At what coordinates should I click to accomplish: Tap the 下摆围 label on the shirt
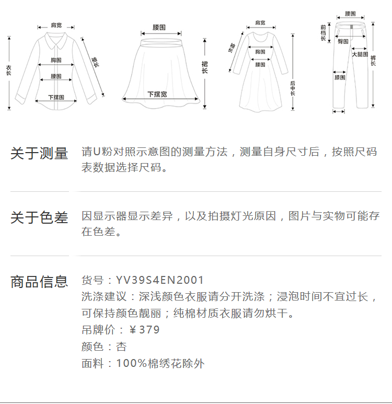pyautogui.click(x=56, y=97)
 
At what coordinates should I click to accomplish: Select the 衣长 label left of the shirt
pyautogui.click(x=9, y=71)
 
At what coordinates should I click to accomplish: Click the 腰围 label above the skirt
pyautogui.click(x=159, y=27)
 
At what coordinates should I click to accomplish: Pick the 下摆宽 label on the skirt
pyautogui.click(x=157, y=94)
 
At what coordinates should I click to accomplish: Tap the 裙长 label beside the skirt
pyautogui.click(x=204, y=66)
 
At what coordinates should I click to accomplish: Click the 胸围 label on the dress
pyautogui.click(x=260, y=52)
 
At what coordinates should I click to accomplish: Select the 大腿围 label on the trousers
pyautogui.click(x=360, y=54)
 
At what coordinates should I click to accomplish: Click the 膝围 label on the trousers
pyautogui.click(x=340, y=77)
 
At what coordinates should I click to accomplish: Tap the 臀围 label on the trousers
pyautogui.click(x=343, y=41)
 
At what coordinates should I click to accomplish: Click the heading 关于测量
pyautogui.click(x=39, y=154)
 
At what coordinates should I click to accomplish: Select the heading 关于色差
pyautogui.click(x=39, y=217)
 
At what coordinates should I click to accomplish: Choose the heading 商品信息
pyautogui.click(x=39, y=282)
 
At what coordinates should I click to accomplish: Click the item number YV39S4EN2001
pyautogui.click(x=160, y=281)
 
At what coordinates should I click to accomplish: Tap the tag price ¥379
pyautogui.click(x=145, y=330)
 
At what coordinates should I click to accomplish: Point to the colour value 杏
pyautogui.click(x=121, y=347)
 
